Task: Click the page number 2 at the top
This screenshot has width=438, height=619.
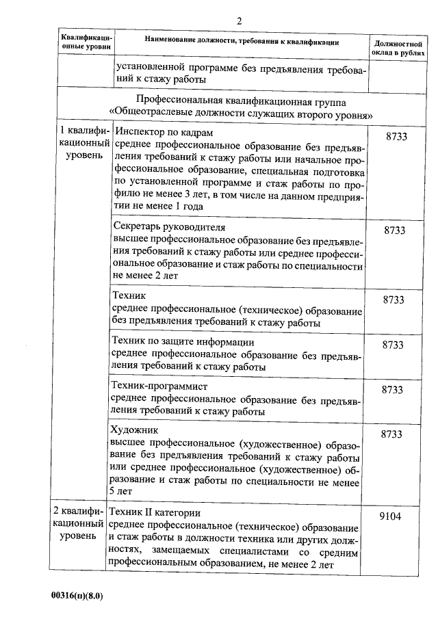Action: (239, 21)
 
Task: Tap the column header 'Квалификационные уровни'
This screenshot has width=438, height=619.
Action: (85, 47)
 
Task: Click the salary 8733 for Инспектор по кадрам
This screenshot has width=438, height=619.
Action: (396, 137)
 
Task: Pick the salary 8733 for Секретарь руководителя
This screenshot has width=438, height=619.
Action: (395, 231)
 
